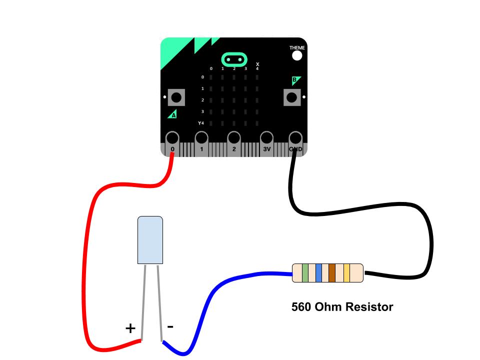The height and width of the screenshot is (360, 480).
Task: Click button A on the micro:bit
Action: [176, 97]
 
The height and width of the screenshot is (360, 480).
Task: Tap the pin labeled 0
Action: [172, 138]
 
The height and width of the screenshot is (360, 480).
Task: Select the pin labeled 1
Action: [201, 138]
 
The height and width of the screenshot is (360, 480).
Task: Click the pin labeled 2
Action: [233, 138]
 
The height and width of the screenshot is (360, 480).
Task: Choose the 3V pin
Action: [266, 138]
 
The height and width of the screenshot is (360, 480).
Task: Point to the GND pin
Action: [295, 138]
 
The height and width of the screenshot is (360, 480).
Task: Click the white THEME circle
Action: [297, 55]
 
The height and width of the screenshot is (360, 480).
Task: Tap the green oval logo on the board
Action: [234, 59]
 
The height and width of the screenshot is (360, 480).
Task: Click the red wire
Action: [85, 260]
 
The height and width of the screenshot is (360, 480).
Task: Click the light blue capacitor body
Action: [150, 240]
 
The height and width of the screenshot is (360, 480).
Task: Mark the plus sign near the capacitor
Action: [130, 328]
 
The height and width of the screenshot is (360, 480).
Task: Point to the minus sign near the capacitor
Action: [170, 326]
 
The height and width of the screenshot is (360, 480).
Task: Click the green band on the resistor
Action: [305, 273]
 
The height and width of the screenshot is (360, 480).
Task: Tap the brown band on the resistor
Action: [331, 273]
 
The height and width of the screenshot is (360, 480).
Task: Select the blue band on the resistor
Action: [318, 273]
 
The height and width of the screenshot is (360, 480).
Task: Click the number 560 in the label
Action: [302, 306]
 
